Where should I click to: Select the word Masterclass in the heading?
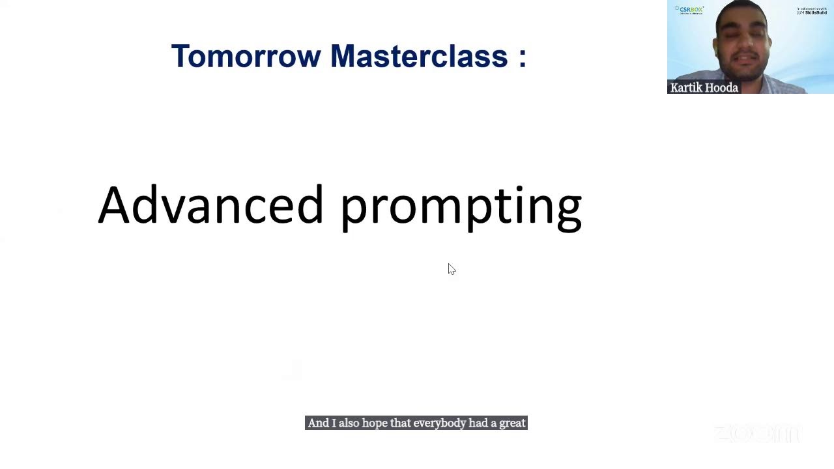pyautogui.click(x=419, y=57)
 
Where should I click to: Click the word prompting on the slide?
pyautogui.click(x=461, y=207)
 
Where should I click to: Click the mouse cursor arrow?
pyautogui.click(x=451, y=268)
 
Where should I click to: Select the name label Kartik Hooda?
pyautogui.click(x=704, y=88)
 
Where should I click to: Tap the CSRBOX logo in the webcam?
pyautogui.click(x=690, y=10)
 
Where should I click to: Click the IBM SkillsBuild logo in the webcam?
pyautogui.click(x=811, y=11)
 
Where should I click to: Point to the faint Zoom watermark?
pyautogui.click(x=756, y=433)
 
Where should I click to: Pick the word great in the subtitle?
pyautogui.click(x=512, y=423)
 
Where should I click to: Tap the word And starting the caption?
pyautogui.click(x=319, y=423)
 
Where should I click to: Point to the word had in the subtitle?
pyautogui.click(x=478, y=423)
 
